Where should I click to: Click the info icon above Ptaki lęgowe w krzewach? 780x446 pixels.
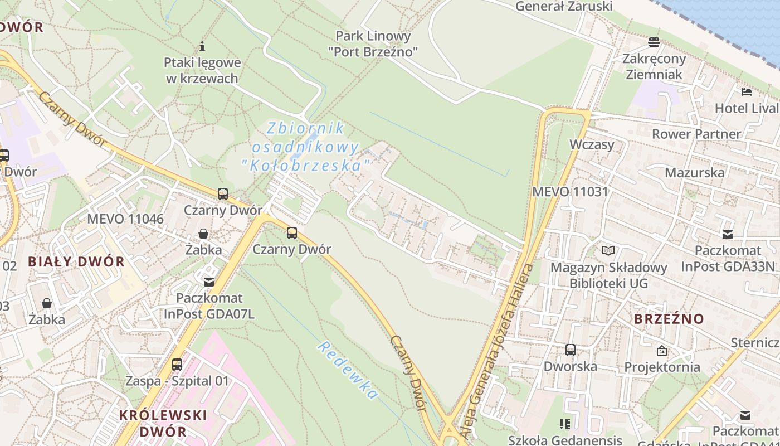202,46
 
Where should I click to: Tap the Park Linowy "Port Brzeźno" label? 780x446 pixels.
373,44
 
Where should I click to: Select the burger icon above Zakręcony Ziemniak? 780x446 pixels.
654,42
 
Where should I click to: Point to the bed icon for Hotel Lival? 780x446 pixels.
747,92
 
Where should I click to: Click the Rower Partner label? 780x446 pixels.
696,134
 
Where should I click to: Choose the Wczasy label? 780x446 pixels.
592,144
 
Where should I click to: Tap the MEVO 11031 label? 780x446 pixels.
570,191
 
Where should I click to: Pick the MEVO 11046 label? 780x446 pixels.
125,219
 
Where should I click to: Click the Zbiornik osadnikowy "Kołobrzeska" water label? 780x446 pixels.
306,147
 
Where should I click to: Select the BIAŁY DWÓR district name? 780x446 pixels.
76,261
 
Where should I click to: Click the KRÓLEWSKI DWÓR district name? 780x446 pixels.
163,423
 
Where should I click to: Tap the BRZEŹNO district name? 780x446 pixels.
669,319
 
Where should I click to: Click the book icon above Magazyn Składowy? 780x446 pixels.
608,251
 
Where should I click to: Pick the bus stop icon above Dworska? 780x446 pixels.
571,350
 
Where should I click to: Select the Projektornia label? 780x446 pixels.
662,367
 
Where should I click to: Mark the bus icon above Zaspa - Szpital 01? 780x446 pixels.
177,365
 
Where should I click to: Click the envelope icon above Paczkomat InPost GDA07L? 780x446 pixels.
209,282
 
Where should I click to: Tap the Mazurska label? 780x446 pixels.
694,172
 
